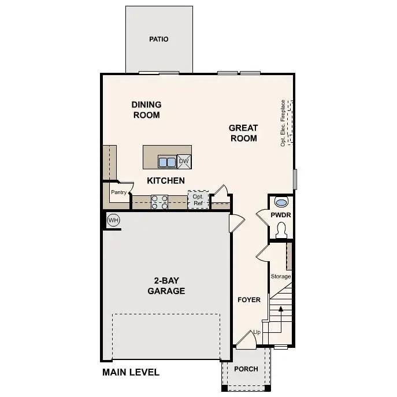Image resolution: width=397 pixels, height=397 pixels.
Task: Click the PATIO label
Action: point(159,39)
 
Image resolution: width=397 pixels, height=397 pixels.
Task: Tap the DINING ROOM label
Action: point(146,110)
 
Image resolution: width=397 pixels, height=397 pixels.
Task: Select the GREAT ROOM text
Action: point(243,133)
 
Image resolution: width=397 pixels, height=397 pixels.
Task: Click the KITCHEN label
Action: point(166,181)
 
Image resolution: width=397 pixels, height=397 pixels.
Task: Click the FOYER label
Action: point(249,300)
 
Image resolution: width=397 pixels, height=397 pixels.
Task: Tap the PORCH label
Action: point(246,369)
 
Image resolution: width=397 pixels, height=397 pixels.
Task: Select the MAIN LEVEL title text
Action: point(131,372)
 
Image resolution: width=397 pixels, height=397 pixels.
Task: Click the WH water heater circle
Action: point(113,220)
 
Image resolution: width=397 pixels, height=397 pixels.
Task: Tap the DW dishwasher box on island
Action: point(184,161)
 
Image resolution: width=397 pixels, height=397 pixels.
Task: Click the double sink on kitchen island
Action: point(168,162)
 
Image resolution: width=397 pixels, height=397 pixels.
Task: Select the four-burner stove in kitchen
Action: point(159,202)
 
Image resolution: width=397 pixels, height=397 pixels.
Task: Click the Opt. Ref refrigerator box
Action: point(198,200)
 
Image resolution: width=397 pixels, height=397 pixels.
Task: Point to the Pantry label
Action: point(118,192)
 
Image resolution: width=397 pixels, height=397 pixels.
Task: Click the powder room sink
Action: point(281,203)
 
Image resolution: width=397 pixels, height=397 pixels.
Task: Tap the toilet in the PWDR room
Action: point(282,231)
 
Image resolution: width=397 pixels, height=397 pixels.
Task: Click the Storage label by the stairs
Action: point(281,277)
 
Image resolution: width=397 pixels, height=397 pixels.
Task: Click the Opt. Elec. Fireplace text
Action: point(283,123)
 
